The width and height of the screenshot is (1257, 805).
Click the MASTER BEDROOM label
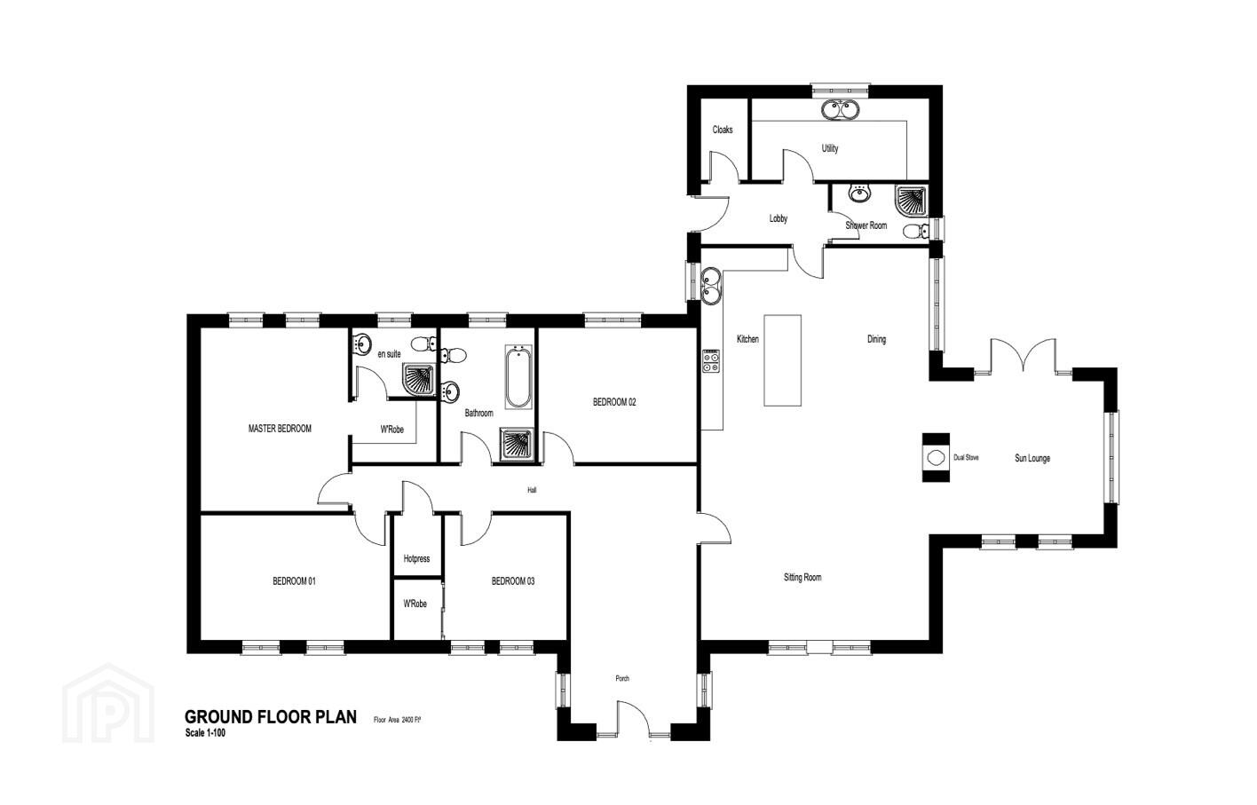tap(280, 429)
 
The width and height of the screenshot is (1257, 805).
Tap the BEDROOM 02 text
tap(614, 402)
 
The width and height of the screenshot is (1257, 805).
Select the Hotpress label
tap(416, 559)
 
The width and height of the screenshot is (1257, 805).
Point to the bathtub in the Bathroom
tap(518, 377)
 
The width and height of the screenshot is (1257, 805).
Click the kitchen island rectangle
tap(782, 360)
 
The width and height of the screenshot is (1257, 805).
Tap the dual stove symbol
tap(936, 458)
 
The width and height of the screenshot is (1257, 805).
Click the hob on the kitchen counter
tap(711, 360)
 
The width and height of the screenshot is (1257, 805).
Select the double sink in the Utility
tap(840, 109)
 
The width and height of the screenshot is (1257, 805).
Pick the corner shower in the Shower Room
tap(912, 201)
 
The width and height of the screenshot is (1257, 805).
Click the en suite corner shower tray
tap(419, 379)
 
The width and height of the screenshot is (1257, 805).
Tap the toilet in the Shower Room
tap(916, 230)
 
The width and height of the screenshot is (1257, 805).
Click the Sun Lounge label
tap(1032, 458)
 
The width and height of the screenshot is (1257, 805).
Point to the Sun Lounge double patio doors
tap(1024, 354)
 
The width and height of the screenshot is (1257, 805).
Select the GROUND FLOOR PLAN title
tap(271, 717)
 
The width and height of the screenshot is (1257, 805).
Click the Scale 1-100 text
tap(205, 732)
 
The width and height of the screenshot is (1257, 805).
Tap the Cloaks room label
tap(723, 130)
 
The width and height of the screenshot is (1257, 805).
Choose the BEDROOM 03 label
tap(513, 581)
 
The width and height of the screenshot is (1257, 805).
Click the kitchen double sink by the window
tap(711, 286)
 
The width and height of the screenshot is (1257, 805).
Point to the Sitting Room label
tap(802, 577)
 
